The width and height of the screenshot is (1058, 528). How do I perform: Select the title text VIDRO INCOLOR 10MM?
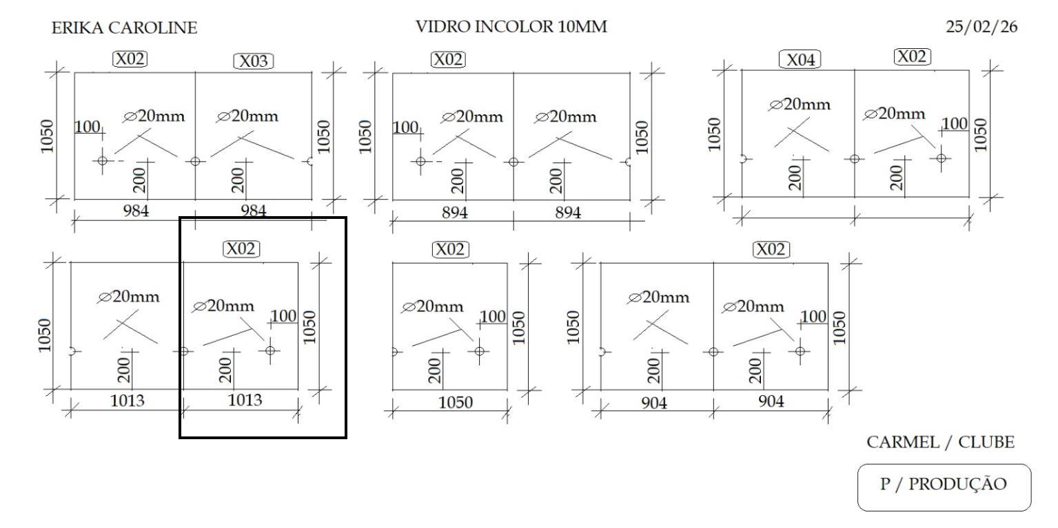pyautogui.click(x=511, y=27)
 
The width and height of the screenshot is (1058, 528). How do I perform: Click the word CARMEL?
pyautogui.click(x=900, y=443)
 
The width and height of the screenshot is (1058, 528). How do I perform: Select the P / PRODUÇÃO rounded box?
pyautogui.click(x=944, y=486)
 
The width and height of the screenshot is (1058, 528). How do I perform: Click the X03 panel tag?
pyautogui.click(x=254, y=61)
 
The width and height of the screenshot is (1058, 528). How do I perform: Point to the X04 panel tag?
pyautogui.click(x=800, y=60)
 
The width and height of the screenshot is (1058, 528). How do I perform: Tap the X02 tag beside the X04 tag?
pyautogui.click(x=912, y=56)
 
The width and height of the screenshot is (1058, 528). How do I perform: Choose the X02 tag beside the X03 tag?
pyautogui.click(x=130, y=59)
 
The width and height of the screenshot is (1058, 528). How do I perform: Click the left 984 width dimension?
pyautogui.click(x=136, y=211)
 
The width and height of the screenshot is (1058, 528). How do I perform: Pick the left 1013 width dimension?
pyautogui.click(x=128, y=400)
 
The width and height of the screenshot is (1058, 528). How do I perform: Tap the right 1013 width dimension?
pyautogui.click(x=245, y=400)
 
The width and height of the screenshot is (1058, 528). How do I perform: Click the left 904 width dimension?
pyautogui.click(x=654, y=403)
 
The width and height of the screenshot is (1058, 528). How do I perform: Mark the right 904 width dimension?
pyautogui.click(x=771, y=402)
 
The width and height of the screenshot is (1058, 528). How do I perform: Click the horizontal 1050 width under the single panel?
pyautogui.click(x=456, y=403)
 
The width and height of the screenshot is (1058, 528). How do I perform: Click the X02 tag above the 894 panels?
pyautogui.click(x=448, y=59)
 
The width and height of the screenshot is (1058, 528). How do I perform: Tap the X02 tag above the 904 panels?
pyautogui.click(x=771, y=249)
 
